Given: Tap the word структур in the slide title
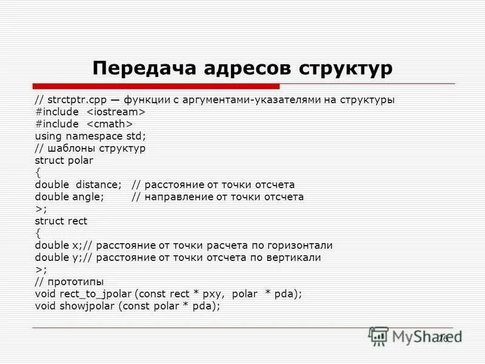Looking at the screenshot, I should tap(344, 68).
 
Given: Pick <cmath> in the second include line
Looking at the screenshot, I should tap(108, 124).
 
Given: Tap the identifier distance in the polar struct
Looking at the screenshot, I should tap(99, 185).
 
